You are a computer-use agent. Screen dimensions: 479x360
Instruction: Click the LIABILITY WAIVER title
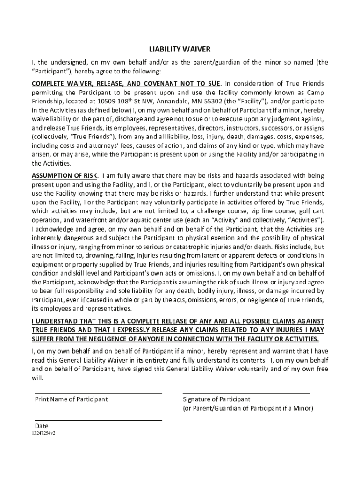180,49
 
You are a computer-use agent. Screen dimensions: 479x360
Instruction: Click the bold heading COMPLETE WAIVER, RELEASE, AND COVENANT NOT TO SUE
125,83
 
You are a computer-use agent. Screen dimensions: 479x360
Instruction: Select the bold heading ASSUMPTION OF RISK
65,175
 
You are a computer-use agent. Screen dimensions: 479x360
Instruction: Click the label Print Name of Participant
71,399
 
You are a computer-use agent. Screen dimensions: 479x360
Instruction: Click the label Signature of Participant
216,399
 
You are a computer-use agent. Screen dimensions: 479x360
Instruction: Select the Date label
42,426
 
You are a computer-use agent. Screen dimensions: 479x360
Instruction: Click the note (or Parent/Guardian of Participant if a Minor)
248,408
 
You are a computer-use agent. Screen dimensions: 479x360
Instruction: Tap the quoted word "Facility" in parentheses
252,101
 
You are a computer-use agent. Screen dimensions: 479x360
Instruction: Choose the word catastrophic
192,246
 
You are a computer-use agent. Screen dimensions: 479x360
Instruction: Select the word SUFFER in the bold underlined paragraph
44,339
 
